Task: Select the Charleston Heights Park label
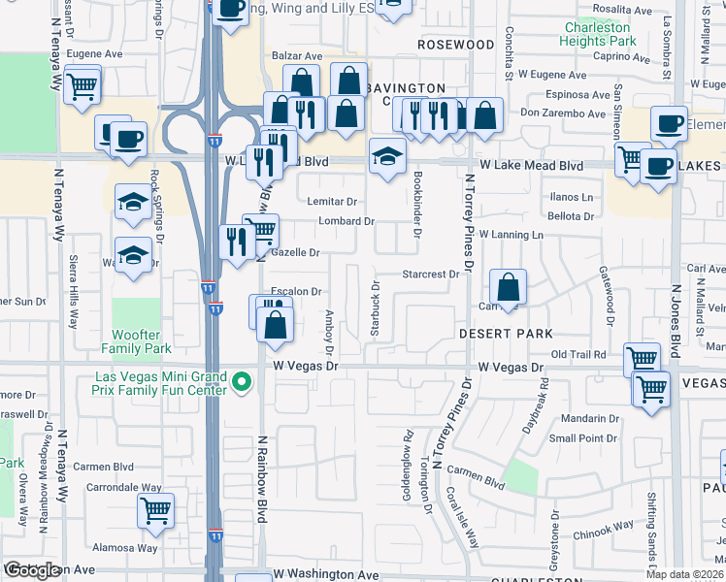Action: pos(598,35)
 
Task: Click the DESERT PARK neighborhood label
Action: pos(499,332)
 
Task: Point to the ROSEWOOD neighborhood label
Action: pos(456,45)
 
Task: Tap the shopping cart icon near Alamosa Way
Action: pos(155,510)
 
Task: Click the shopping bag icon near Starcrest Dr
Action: pos(508,287)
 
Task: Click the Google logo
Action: pos(32,570)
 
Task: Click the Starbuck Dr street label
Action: pos(375,309)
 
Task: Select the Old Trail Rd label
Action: pos(578,356)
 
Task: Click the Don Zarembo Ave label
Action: pos(563,113)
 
